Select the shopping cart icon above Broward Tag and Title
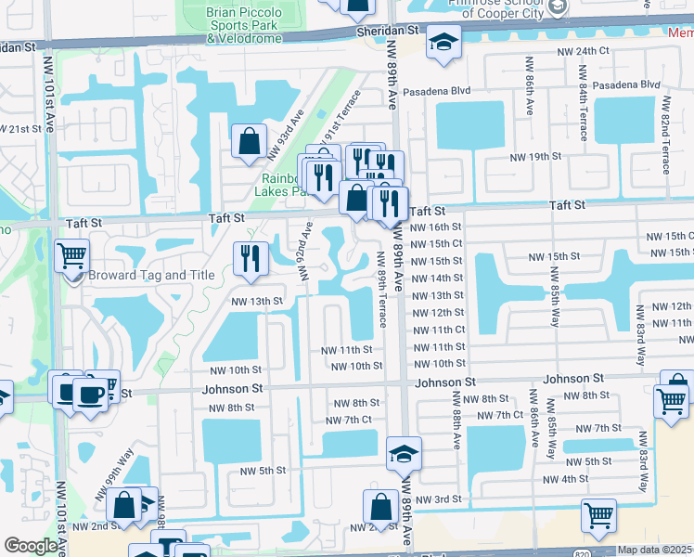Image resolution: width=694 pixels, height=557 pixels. point(72,254)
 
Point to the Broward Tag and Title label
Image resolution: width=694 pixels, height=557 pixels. point(145,275)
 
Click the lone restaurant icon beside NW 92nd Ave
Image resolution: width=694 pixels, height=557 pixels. point(248,259)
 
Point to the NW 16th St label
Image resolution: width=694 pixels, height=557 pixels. point(435,227)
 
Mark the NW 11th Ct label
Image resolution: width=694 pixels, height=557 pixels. point(438,330)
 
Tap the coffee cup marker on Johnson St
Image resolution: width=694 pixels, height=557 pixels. point(90,394)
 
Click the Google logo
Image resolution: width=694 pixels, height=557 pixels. point(31,546)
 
